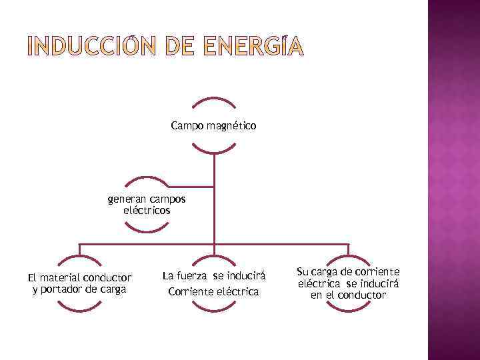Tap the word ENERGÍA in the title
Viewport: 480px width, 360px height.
(253, 47)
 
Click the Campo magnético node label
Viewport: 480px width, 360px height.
(213, 125)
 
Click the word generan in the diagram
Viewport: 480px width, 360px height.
(126, 199)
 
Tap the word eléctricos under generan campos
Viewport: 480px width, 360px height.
(147, 210)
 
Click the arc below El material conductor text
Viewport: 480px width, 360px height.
(80, 309)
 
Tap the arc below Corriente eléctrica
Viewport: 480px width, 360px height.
(213, 309)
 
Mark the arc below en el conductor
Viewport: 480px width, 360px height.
(347, 309)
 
